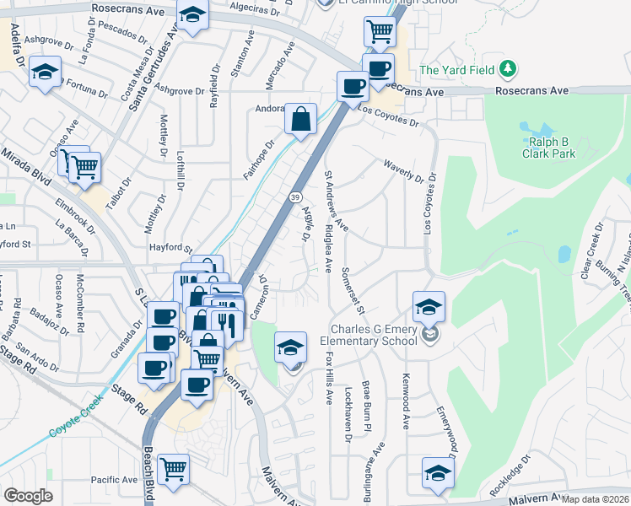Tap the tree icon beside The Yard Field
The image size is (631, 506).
pyautogui.click(x=508, y=68)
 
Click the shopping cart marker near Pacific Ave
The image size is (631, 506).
pyautogui.click(x=173, y=469)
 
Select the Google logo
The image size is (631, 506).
pyautogui.click(x=28, y=496)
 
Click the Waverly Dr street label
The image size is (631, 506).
pyautogui.click(x=402, y=172)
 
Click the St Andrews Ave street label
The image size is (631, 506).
pyautogui.click(x=337, y=202)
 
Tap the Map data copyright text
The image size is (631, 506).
pyautogui.click(x=596, y=499)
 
